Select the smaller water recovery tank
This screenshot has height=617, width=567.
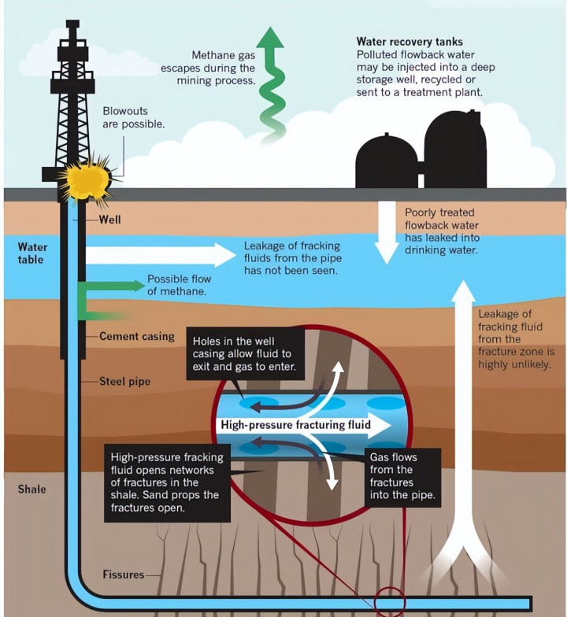coord(386,161)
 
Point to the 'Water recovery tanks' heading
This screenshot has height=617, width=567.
coord(409,42)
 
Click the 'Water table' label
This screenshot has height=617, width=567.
coord(32,253)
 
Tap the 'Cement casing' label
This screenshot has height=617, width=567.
coord(136,336)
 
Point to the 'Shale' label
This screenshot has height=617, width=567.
coord(32,489)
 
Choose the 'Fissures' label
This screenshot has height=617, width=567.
coord(123,575)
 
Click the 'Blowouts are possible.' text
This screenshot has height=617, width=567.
coord(134,117)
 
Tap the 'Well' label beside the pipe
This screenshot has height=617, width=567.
coord(109,220)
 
